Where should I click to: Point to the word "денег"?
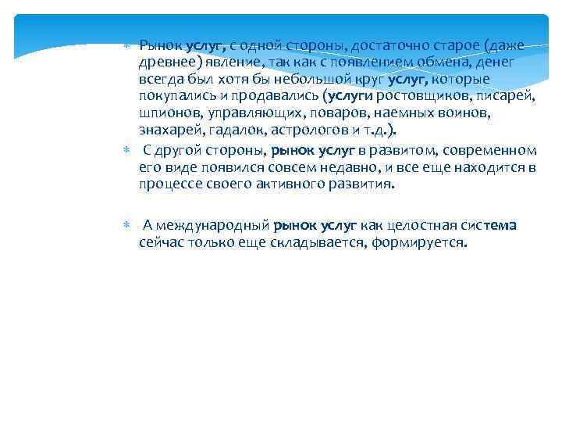503,62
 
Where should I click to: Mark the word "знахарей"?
168,131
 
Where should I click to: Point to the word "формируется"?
425,243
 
